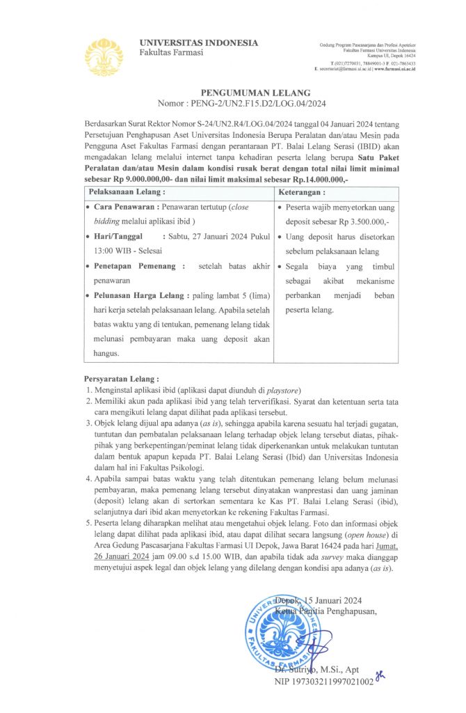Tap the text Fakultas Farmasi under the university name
[x=171, y=53]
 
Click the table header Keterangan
[x=301, y=191]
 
